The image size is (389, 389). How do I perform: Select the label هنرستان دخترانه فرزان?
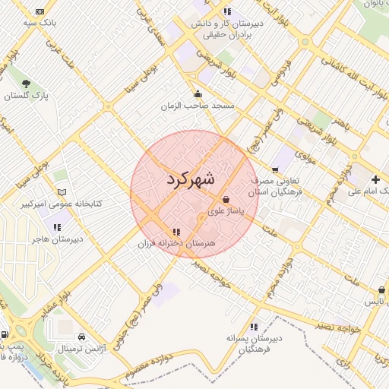pos(177,244)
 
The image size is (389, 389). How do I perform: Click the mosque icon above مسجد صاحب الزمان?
pos(198,93)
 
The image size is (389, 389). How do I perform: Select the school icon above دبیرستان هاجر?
pos(57,226)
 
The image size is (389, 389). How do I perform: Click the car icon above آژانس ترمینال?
pos(81,336)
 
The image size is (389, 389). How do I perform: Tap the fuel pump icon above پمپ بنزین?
pos(5,334)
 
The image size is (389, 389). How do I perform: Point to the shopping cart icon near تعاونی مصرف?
pos(275,170)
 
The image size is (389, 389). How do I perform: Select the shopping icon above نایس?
pos(381,291)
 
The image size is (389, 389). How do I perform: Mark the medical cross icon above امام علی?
pos(375,179)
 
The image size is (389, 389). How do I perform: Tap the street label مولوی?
pos(304,157)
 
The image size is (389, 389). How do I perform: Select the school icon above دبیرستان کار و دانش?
pos(227,11)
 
